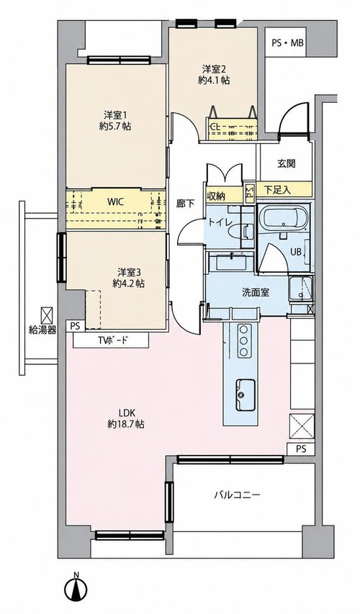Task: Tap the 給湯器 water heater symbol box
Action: click(x=47, y=314)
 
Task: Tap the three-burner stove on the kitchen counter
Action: click(x=244, y=340)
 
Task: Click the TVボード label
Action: click(x=112, y=340)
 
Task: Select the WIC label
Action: click(x=116, y=202)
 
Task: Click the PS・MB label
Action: click(x=287, y=42)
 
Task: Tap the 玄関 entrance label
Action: click(x=287, y=163)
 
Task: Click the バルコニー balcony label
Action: click(x=237, y=495)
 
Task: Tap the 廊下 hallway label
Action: click(x=185, y=203)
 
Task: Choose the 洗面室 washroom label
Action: click(x=255, y=292)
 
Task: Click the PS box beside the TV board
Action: click(x=76, y=326)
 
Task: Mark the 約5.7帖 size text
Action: click(x=114, y=127)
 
